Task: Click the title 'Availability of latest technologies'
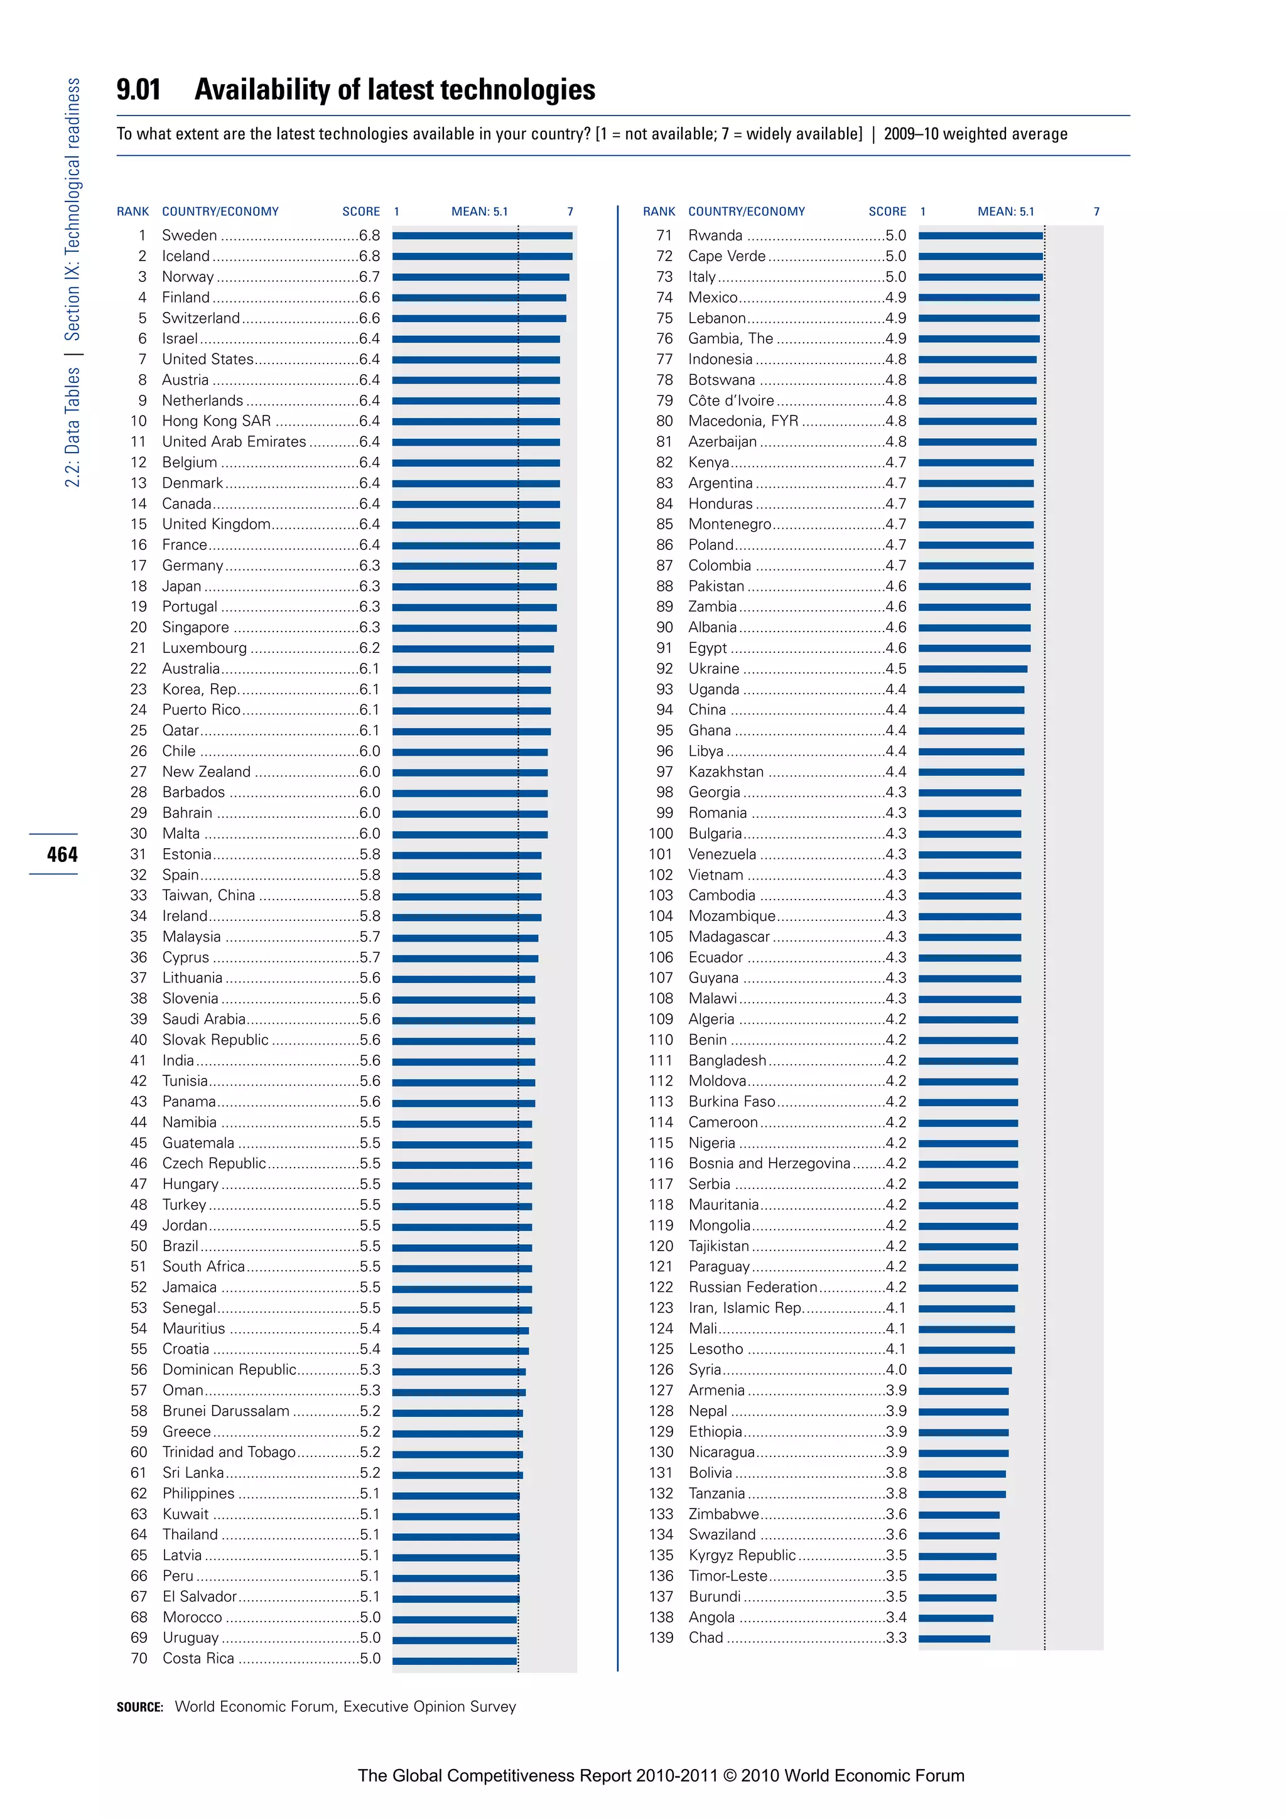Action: coord(394,90)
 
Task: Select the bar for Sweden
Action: coord(482,235)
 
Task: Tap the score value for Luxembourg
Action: coord(369,648)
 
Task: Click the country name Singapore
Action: coord(195,627)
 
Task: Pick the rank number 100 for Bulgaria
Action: coord(661,833)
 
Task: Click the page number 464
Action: coord(62,854)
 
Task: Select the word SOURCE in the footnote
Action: coord(139,1706)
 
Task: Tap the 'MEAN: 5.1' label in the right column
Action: coord(1006,212)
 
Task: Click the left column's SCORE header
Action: coord(361,212)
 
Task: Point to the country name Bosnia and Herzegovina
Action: coord(769,1163)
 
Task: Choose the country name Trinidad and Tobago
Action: coord(229,1451)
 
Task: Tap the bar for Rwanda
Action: coord(980,235)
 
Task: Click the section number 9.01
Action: coord(139,90)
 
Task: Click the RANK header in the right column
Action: coord(659,212)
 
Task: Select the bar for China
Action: coord(971,709)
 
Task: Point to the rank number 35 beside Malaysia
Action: coord(139,937)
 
